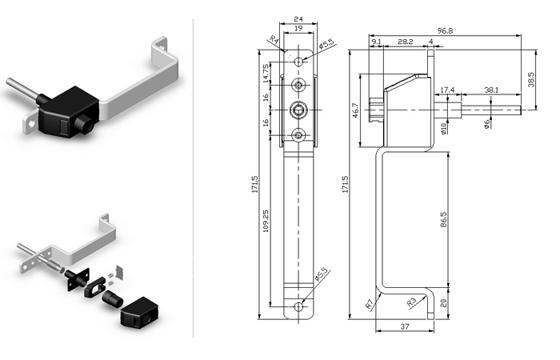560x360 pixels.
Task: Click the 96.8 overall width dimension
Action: click(444, 30)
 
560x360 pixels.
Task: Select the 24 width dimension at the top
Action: click(298, 18)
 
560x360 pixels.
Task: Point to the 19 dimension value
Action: click(298, 29)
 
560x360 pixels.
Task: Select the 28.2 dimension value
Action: click(405, 41)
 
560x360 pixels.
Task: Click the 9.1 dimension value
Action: click(376, 41)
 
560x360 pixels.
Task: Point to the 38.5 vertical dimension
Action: click(530, 80)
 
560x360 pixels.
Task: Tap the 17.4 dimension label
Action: click(447, 90)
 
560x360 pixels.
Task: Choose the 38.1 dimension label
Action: click(491, 90)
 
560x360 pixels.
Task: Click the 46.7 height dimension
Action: click(355, 110)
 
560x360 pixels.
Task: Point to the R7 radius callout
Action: click(370, 303)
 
